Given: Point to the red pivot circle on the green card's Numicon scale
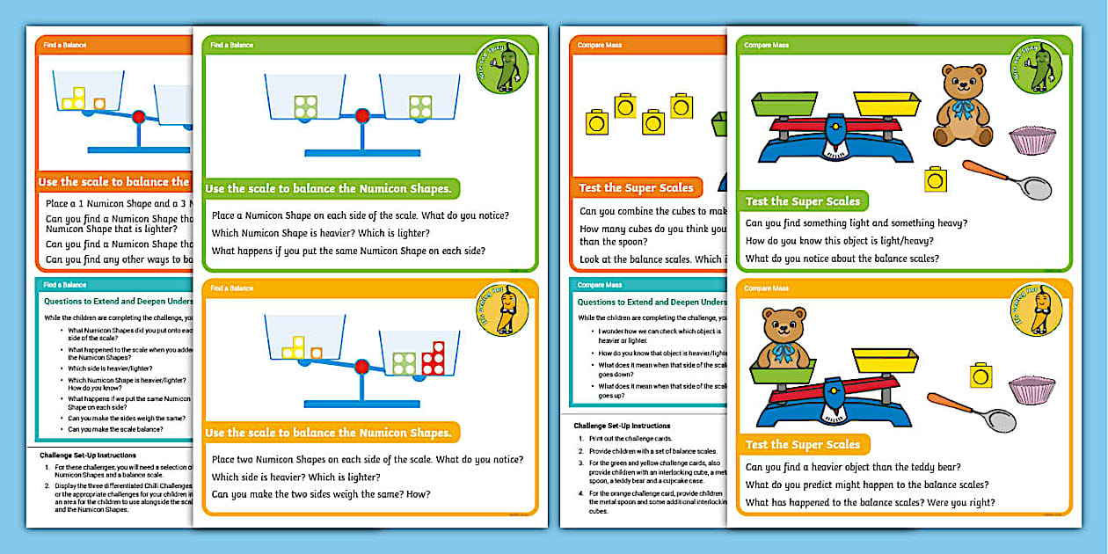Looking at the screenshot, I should tap(362, 115).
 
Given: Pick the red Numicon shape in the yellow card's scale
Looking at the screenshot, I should tap(433, 358).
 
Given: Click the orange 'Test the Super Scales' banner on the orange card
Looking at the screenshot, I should tap(636, 187).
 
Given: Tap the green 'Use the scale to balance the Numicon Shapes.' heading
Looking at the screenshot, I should tap(328, 188).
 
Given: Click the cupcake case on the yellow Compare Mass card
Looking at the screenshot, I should tap(1032, 389).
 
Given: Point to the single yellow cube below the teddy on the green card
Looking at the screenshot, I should tap(937, 179).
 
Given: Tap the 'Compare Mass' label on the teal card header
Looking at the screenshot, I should tap(600, 285).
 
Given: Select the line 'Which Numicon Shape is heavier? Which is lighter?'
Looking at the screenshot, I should tap(321, 233).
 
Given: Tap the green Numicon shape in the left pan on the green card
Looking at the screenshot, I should tap(305, 106).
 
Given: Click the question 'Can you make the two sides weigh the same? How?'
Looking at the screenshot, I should tap(321, 494).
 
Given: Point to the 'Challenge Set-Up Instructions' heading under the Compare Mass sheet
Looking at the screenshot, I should tap(622, 426).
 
